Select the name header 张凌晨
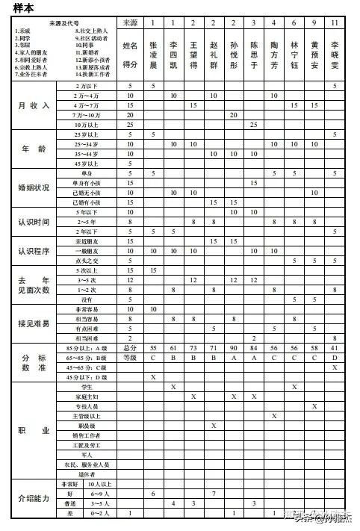click(x=152, y=52)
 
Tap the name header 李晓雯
click(x=335, y=52)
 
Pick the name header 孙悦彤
click(x=234, y=52)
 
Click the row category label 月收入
click(x=34, y=105)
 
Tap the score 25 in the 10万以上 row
click(x=254, y=124)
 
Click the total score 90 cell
click(x=234, y=348)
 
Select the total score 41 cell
click(x=335, y=348)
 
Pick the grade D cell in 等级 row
click(x=335, y=358)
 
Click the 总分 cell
click(x=130, y=348)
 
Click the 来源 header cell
click(x=130, y=23)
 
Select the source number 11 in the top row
click(x=335, y=23)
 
